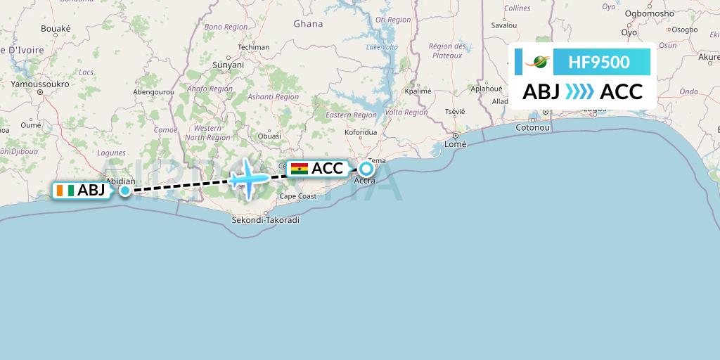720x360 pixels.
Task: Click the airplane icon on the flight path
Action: point(247,179)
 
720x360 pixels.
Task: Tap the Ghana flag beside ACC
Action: point(299,169)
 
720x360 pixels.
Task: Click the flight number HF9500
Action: point(599,63)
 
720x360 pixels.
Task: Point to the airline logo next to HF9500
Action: point(539,63)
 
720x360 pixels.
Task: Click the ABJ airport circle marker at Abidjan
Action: point(124,190)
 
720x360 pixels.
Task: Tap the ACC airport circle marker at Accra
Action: point(366,169)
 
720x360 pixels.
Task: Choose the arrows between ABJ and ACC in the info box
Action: point(579,91)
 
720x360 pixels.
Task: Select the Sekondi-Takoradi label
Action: point(266,220)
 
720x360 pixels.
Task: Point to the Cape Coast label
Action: point(298,196)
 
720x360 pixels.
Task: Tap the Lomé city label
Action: point(456,143)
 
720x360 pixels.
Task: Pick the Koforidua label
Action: point(361,131)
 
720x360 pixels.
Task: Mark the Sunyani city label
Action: point(228,65)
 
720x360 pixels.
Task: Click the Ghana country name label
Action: point(308,24)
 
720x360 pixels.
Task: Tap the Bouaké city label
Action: point(56,29)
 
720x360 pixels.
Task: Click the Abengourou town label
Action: point(153,91)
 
